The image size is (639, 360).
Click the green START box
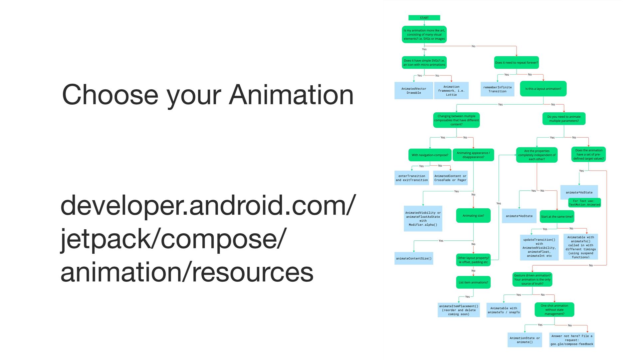click(424, 18)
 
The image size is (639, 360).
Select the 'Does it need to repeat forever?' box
click(516, 63)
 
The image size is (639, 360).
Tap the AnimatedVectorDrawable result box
click(414, 91)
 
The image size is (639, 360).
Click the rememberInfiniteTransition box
click(497, 89)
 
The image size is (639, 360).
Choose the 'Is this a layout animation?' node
click(543, 89)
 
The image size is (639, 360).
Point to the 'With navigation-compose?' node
click(430, 155)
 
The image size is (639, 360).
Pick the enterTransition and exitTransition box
click(412, 178)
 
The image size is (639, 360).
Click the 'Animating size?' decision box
click(473, 216)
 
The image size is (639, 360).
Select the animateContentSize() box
click(414, 258)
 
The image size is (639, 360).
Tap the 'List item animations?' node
click(473, 282)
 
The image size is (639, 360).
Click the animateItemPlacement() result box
click(459, 310)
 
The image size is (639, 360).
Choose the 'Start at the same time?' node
click(557, 217)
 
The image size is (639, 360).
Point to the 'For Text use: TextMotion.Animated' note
click(584, 203)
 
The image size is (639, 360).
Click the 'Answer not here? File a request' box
click(572, 340)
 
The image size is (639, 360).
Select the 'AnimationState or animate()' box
click(525, 340)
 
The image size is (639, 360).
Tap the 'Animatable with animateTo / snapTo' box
click(504, 310)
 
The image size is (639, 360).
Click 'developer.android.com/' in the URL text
click(208, 206)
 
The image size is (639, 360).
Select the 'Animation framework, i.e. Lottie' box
click(451, 91)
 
